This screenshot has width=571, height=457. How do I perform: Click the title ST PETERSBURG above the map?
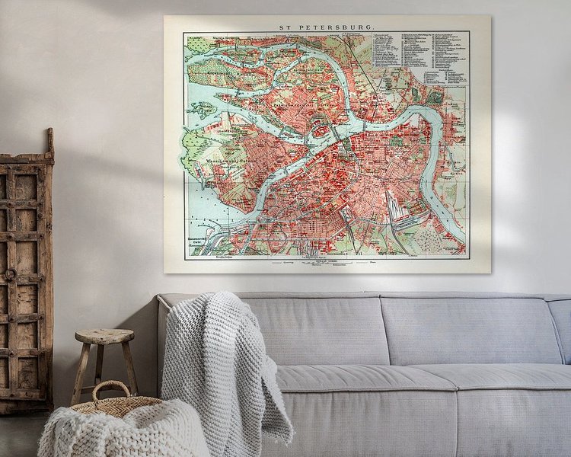pos(327,25)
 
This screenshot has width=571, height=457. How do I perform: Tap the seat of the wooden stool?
pos(104,336)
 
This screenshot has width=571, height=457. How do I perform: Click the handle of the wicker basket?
pos(111,391)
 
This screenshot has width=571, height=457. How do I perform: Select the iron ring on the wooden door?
pos(11,274)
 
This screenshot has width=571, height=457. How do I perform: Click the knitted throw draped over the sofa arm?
pos(221,358)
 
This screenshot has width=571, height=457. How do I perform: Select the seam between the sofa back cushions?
pos(381,331)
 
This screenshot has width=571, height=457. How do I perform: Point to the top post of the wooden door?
pos(50,141)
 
